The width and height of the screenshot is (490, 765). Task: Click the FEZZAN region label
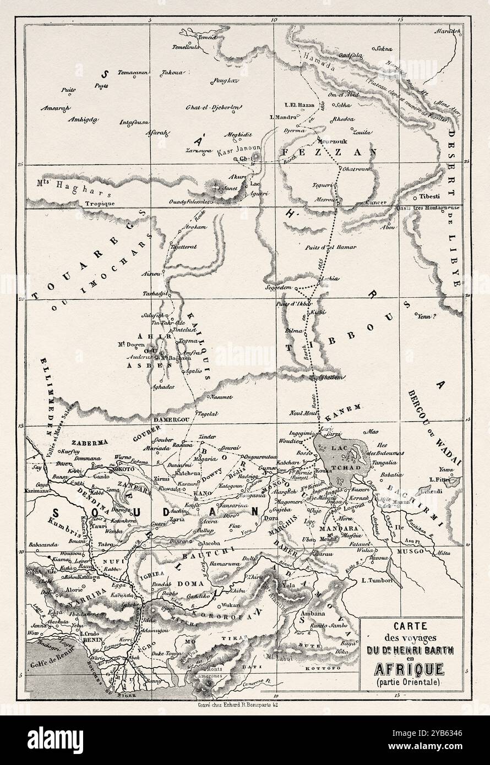(x=328, y=151)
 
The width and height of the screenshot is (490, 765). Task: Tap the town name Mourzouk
(x=334, y=140)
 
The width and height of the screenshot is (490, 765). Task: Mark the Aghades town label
(x=163, y=387)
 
